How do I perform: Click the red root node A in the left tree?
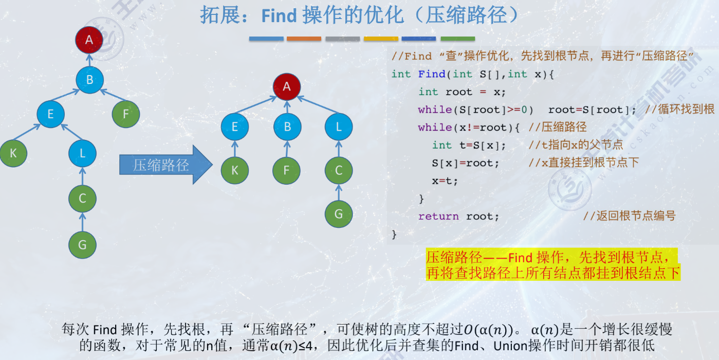(x=89, y=40)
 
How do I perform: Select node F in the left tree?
(x=126, y=114)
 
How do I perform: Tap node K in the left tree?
(x=13, y=153)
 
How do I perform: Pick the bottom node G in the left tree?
(x=83, y=245)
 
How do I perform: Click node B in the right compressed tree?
(x=287, y=127)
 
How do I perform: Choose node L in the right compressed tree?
(x=339, y=127)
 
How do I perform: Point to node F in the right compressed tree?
(x=287, y=171)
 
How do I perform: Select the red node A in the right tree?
(x=287, y=86)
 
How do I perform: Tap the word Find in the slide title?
(x=279, y=16)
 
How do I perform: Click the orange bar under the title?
(x=304, y=39)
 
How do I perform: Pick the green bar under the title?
(x=457, y=39)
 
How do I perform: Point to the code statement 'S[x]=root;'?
(x=458, y=163)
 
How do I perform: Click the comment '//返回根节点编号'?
(x=629, y=216)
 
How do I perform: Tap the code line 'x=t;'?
(x=445, y=181)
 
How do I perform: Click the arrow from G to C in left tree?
(x=83, y=222)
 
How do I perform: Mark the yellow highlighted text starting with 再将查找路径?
(x=553, y=273)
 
